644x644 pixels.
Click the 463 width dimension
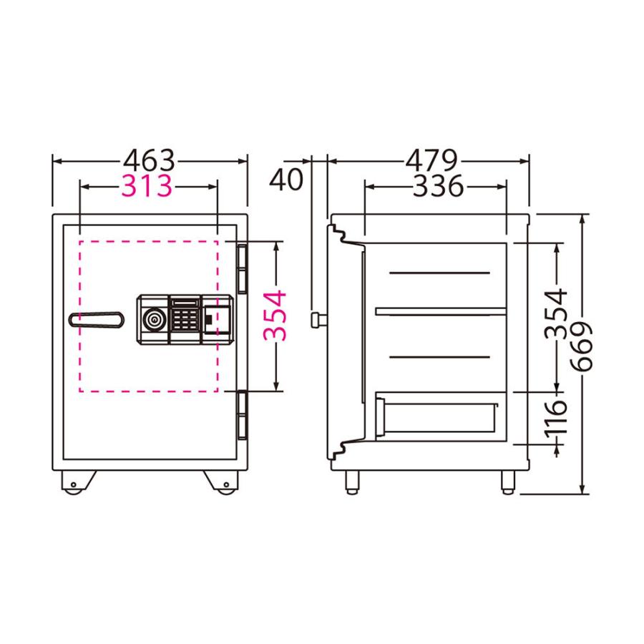150,158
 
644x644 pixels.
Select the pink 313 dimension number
147,186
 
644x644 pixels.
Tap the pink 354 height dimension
275,315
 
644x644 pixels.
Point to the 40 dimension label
286,180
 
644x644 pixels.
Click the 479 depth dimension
431,158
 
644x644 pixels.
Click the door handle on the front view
97,319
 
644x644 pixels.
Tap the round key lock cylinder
154,318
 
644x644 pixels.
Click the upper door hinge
242,268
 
